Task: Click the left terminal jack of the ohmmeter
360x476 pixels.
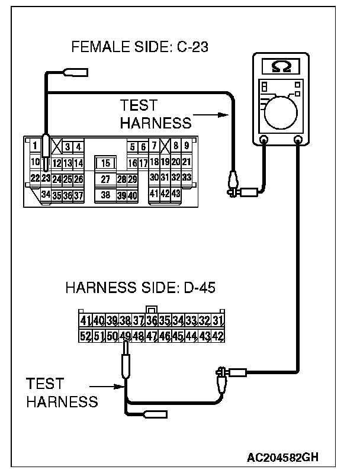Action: (264, 140)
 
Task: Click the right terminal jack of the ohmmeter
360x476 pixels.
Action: (298, 140)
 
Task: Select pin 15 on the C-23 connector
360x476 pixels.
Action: (105, 163)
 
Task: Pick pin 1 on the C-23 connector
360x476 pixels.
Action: (35, 146)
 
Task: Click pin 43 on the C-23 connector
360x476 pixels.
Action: (176, 194)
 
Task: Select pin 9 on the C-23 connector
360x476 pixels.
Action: (187, 146)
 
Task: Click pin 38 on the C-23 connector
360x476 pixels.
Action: (105, 194)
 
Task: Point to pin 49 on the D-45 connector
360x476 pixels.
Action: (125, 336)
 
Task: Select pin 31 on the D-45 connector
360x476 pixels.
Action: (217, 321)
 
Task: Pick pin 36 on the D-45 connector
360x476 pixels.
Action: (152, 321)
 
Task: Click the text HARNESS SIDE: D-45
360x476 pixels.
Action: (140, 289)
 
